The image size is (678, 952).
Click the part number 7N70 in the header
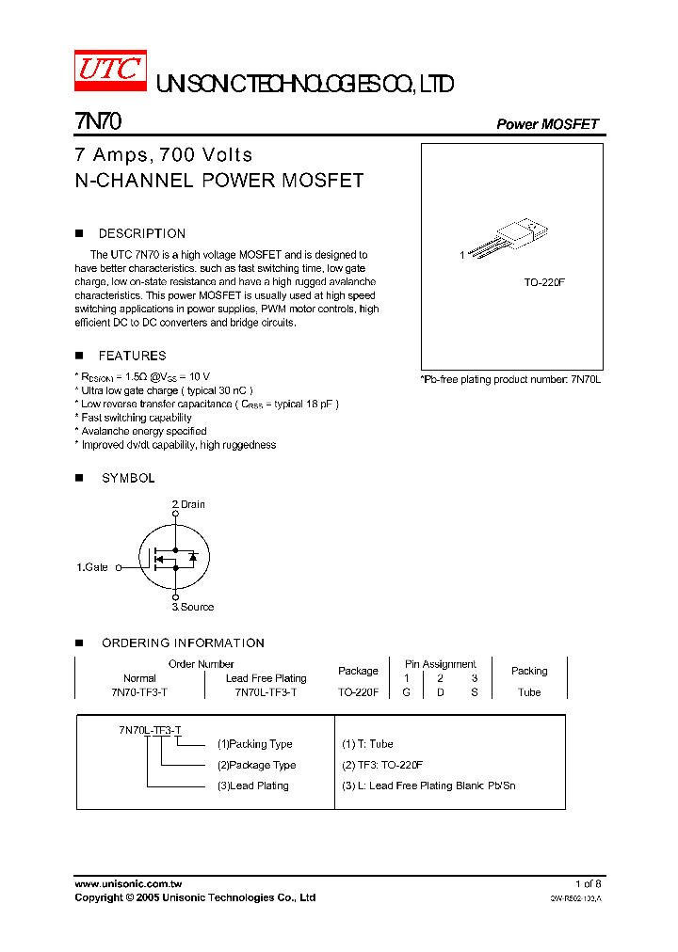97,121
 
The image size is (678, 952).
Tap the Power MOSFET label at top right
547,124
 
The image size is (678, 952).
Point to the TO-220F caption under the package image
544,281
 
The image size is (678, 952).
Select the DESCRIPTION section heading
142,233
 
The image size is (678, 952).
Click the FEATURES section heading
132,356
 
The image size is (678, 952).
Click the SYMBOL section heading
128,478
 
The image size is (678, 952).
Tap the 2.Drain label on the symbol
188,504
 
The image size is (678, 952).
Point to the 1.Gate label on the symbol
92,567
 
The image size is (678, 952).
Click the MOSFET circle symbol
175,557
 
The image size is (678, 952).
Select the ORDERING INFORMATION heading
183,643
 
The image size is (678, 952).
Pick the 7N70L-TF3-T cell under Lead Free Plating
266,691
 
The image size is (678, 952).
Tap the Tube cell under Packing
529,691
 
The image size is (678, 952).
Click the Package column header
358,671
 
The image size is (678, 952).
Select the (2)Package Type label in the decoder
256,765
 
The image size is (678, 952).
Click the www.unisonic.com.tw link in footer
128,884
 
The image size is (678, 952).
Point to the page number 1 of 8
588,884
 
